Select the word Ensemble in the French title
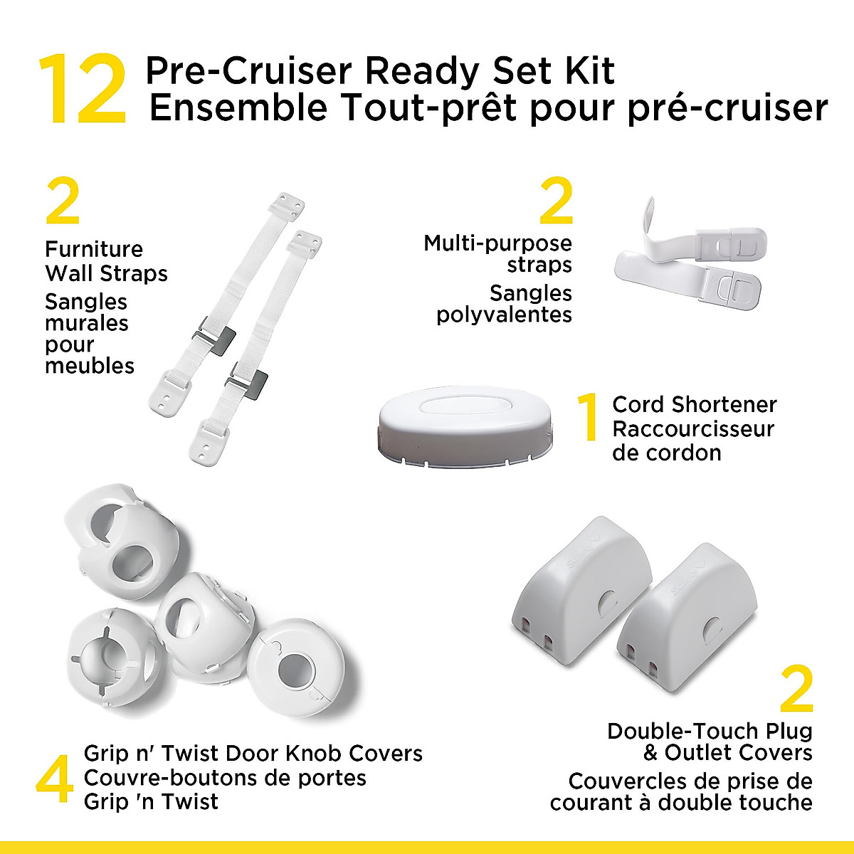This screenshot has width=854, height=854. point(238,108)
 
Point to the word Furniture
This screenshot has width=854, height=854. point(94,249)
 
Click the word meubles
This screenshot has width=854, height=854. point(90,366)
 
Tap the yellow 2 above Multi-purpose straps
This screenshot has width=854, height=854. point(556,201)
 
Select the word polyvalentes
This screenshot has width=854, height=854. point(504,315)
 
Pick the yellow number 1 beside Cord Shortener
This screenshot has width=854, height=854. point(588,418)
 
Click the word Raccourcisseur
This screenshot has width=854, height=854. point(693,429)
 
